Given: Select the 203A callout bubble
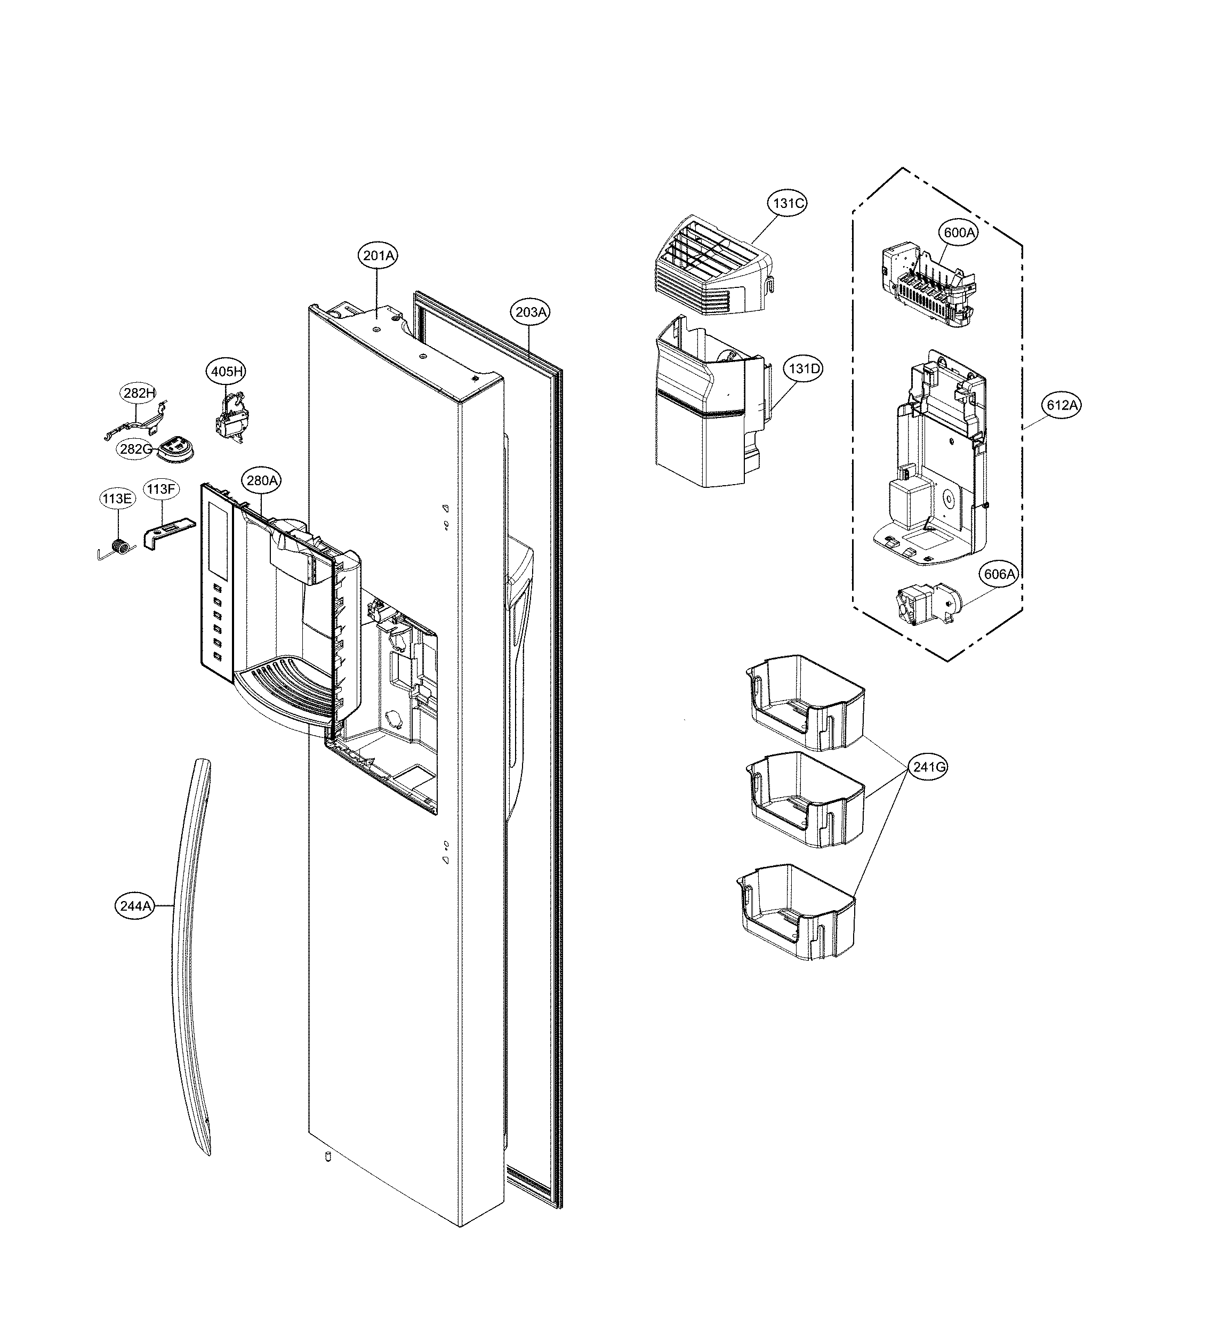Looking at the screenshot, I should coord(530,312).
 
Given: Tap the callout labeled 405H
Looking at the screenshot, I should coord(227,371).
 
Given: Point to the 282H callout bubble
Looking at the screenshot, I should coord(138,393).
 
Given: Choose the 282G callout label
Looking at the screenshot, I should coord(135,449).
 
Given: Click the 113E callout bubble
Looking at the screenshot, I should coord(117,498).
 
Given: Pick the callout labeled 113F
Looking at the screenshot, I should coord(161,490).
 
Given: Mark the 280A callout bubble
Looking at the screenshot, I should coord(261,480).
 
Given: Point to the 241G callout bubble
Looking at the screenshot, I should coord(928,767).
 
